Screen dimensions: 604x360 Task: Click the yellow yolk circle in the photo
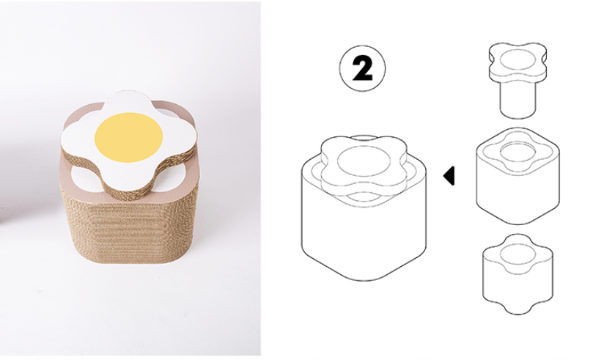pos(129,137)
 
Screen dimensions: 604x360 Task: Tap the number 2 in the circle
pos(363,68)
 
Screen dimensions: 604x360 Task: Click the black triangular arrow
pos(449,176)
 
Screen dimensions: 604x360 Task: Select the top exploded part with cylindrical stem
pos(518,80)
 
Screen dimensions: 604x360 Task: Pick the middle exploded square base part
pos(518,176)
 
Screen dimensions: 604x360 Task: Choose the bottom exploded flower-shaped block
pos(518,273)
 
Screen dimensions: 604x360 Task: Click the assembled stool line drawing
pos(364,208)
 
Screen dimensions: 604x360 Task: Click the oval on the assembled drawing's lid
pos(364,161)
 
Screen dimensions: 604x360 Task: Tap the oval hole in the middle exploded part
pos(518,152)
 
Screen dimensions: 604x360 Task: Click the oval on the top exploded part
pos(518,59)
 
